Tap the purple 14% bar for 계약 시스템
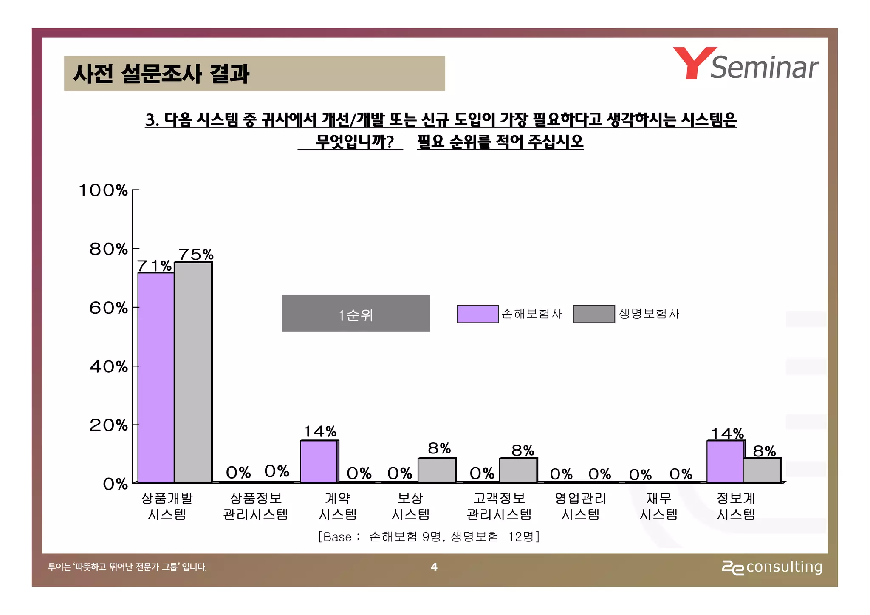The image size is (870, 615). tap(319, 462)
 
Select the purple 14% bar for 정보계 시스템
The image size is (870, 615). tap(725, 462)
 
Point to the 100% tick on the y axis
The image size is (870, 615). tap(103, 190)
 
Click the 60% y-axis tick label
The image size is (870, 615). tap(108, 308)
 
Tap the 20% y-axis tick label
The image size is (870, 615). tap(108, 425)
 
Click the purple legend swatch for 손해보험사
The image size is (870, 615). tap(477, 314)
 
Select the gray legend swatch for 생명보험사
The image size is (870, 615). tap(593, 314)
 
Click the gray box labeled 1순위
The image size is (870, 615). tap(356, 313)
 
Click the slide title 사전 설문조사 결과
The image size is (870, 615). tap(161, 74)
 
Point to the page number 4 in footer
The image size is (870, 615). tap(434, 567)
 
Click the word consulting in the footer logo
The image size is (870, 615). tap(784, 567)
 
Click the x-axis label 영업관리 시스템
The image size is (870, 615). tap(580, 506)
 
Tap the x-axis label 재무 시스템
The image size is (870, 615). tap(658, 506)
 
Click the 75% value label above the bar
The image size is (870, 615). tap(196, 255)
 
